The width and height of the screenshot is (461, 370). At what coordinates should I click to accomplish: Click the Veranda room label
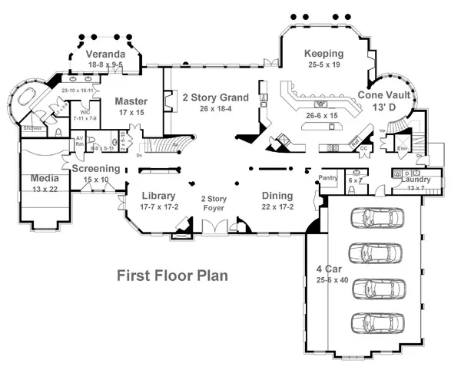pos(105,55)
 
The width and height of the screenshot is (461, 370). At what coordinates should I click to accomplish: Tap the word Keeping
pos(323,54)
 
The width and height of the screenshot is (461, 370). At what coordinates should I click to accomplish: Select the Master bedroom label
pos(131,101)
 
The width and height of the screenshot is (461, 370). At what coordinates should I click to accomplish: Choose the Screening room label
pos(96,169)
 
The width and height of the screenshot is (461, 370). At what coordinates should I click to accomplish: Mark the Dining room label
pos(277,196)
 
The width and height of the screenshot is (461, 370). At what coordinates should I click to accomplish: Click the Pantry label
pos(329,177)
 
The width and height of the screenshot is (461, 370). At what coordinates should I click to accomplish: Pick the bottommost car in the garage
pos(376,320)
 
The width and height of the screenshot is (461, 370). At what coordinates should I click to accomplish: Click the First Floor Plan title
pos(171,274)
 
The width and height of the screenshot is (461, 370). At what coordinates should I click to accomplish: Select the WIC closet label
pos(85,112)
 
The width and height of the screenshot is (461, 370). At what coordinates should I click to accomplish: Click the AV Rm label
pos(79,141)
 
